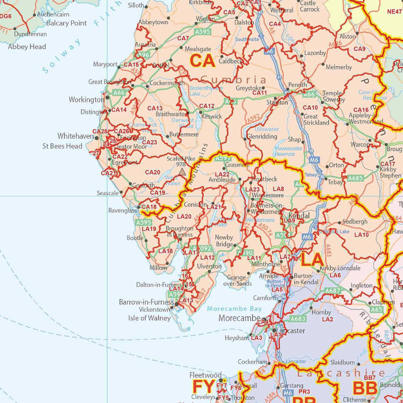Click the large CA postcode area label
202,61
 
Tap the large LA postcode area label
312,260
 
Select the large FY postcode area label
203,387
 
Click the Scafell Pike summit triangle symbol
182,172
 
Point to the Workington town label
86,100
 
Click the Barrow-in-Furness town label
146,302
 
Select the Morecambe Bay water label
234,309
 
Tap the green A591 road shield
222,158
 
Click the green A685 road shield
355,178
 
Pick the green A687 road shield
333,291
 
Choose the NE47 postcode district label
394,12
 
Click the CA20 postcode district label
153,172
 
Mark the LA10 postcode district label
361,235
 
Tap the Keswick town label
211,116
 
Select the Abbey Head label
27,47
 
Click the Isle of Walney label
150,318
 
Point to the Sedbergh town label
355,222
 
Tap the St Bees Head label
63,146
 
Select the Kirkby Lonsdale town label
340,268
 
